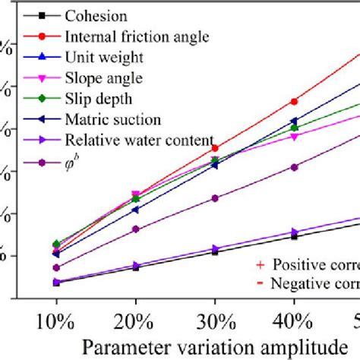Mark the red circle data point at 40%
click(294, 102)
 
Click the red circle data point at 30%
click(215, 148)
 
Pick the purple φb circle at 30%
click(215, 198)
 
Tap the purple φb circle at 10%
click(56, 267)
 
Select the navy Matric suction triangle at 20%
click(135, 210)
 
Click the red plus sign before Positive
click(261, 264)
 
